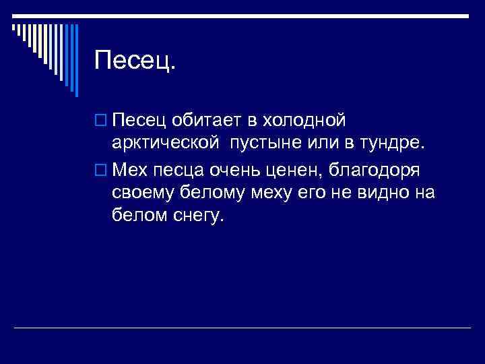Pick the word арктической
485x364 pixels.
[166, 144]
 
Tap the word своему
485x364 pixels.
[144, 194]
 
